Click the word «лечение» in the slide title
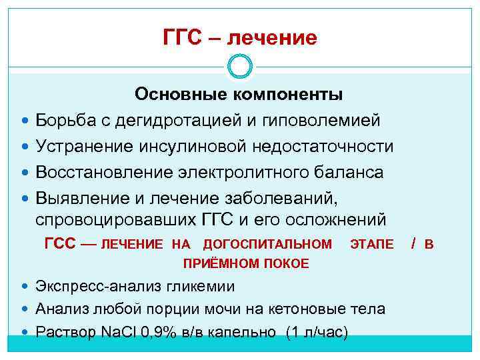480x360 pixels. [x=272, y=37]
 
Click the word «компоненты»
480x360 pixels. [x=289, y=95]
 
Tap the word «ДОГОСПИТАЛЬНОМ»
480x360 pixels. [x=267, y=245]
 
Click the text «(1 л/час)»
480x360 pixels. [x=316, y=332]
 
